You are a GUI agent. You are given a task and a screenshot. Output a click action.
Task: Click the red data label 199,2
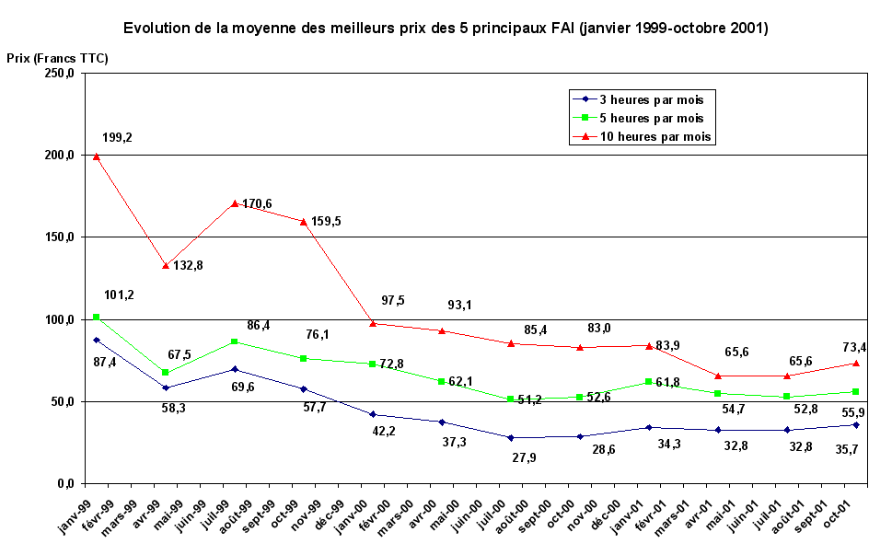coord(117,138)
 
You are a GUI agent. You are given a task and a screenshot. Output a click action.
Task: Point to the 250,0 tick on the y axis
coord(58,73)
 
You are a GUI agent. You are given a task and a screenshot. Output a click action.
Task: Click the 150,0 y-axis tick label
coord(58,237)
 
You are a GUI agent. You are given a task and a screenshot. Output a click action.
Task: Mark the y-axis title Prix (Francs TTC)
coord(57,58)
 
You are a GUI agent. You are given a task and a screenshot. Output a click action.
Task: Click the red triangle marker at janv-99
coord(96,156)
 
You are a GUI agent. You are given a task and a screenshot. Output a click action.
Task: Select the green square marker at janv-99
coord(96,318)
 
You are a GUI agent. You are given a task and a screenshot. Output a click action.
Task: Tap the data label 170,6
coord(257,203)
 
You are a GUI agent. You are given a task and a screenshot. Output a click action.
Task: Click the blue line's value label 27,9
coord(525,457)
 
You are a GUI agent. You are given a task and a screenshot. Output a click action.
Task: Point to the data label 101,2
coord(120,295)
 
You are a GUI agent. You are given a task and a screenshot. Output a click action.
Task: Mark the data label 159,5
coord(326,222)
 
